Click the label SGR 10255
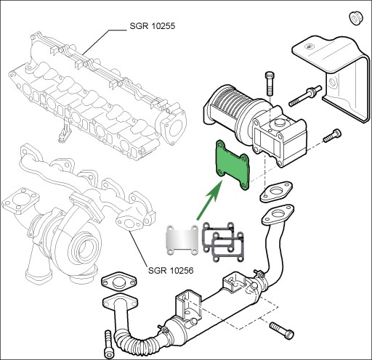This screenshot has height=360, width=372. point(152,26)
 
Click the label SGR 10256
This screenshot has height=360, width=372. point(171,270)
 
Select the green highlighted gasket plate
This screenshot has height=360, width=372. point(232,165)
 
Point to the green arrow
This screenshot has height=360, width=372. point(209,200)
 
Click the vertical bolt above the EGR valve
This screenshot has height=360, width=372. point(270,83)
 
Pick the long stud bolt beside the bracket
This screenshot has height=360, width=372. point(305,96)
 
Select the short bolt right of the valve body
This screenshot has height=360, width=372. point(332,136)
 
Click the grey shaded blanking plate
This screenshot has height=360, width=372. point(182,240)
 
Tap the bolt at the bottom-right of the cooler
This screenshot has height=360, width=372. point(282,331)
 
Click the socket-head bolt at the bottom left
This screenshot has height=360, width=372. point(108,344)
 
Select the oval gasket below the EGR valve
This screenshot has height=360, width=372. point(276,192)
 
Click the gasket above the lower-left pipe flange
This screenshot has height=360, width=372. point(119,282)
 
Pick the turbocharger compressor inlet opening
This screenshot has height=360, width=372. point(83,249)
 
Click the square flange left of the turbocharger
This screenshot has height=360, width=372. point(20,201)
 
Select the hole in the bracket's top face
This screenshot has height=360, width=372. point(309,46)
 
